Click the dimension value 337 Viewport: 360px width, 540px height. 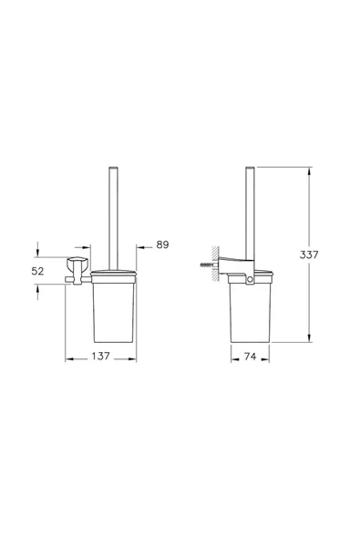coord(310,255)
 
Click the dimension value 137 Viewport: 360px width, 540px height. coord(100,357)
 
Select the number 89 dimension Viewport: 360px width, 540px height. coord(163,244)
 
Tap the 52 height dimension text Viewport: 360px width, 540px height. coord(38,270)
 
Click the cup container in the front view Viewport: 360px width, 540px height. coord(113,310)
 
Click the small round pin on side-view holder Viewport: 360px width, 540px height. coord(250,291)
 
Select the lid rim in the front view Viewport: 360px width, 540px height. coord(113,273)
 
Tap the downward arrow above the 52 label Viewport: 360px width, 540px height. coord(38,254)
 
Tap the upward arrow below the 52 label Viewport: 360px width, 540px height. coord(38,286)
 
